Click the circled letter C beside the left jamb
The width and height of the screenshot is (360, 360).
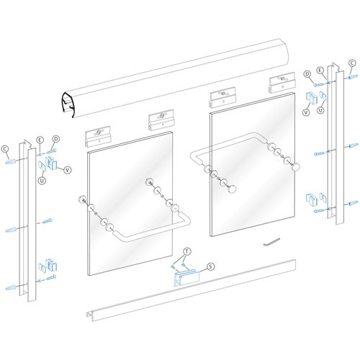(6, 148)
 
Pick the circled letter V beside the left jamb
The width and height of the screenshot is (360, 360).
(68, 170)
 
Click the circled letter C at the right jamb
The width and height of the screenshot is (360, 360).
(351, 63)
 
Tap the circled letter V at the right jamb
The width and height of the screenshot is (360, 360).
(306, 112)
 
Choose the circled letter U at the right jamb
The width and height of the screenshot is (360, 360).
(321, 112)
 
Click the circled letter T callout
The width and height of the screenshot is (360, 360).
(186, 251)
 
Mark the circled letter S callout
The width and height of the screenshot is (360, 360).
(210, 266)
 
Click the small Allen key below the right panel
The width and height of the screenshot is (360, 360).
(270, 241)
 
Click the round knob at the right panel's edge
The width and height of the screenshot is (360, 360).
(294, 168)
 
